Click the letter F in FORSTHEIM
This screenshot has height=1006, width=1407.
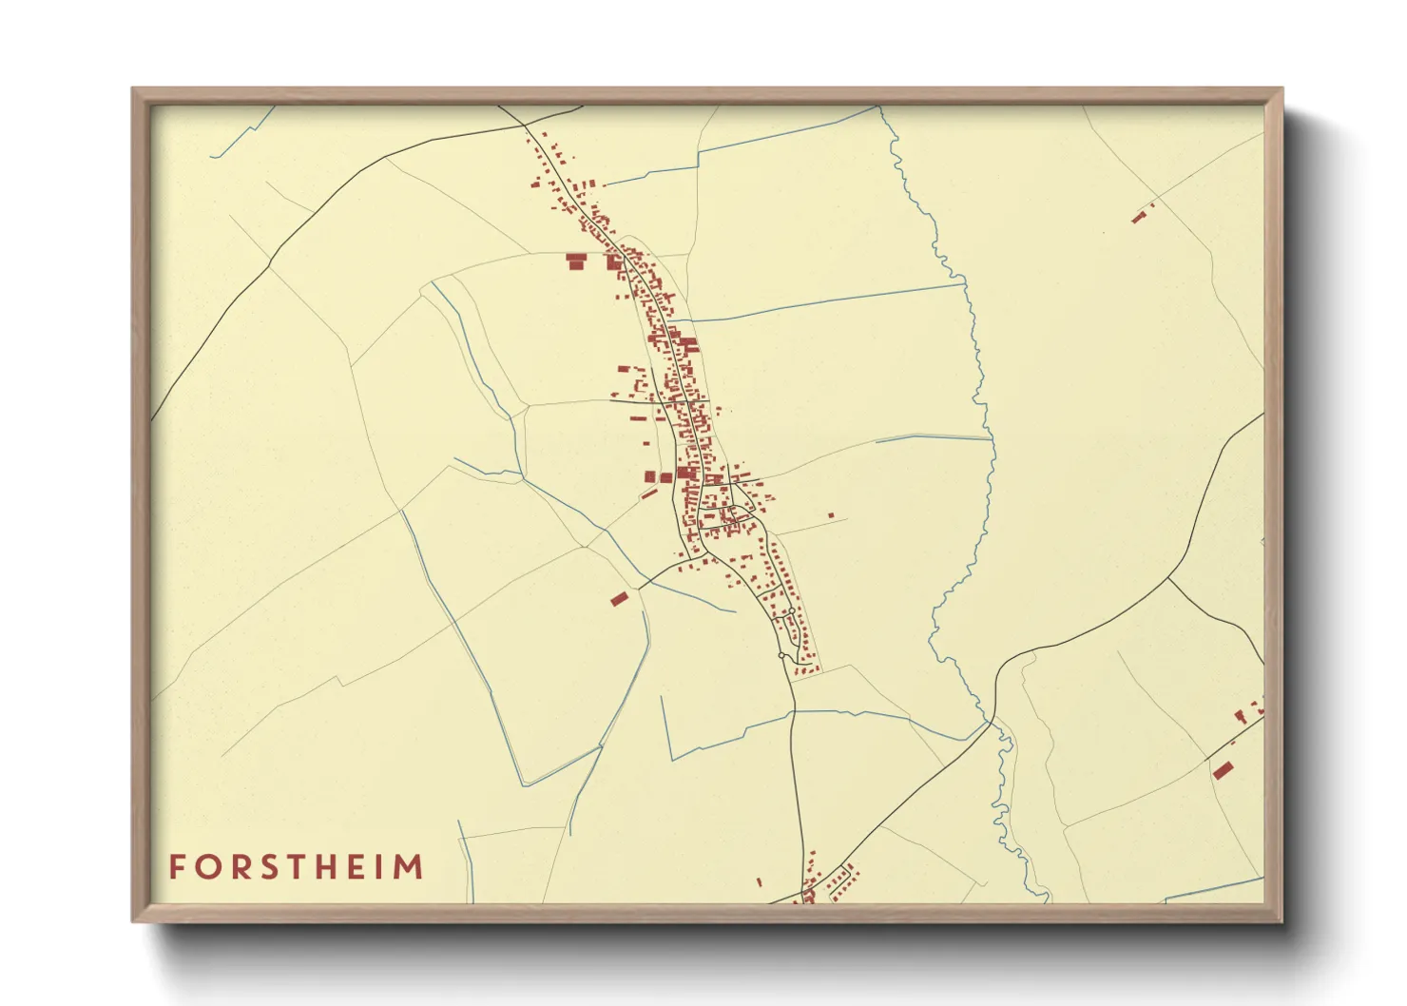pyautogui.click(x=177, y=867)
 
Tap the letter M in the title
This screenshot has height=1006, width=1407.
pyautogui.click(x=408, y=867)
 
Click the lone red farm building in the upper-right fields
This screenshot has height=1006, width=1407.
pyautogui.click(x=1138, y=218)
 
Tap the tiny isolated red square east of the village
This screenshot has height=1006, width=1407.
pyautogui.click(x=831, y=515)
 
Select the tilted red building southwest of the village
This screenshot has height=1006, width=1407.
pyautogui.click(x=619, y=598)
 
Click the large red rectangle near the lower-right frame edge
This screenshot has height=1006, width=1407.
pyautogui.click(x=1223, y=769)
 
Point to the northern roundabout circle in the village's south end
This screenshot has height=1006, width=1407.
pyautogui.click(x=791, y=611)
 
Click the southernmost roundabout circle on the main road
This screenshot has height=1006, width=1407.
pyautogui.click(x=781, y=655)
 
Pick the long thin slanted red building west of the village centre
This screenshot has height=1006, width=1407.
pyautogui.click(x=649, y=493)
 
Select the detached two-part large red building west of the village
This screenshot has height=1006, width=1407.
pyautogui.click(x=575, y=261)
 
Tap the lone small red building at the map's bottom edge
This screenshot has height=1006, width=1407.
pyautogui.click(x=759, y=882)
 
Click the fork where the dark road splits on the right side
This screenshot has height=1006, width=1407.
pyautogui.click(x=1168, y=577)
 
